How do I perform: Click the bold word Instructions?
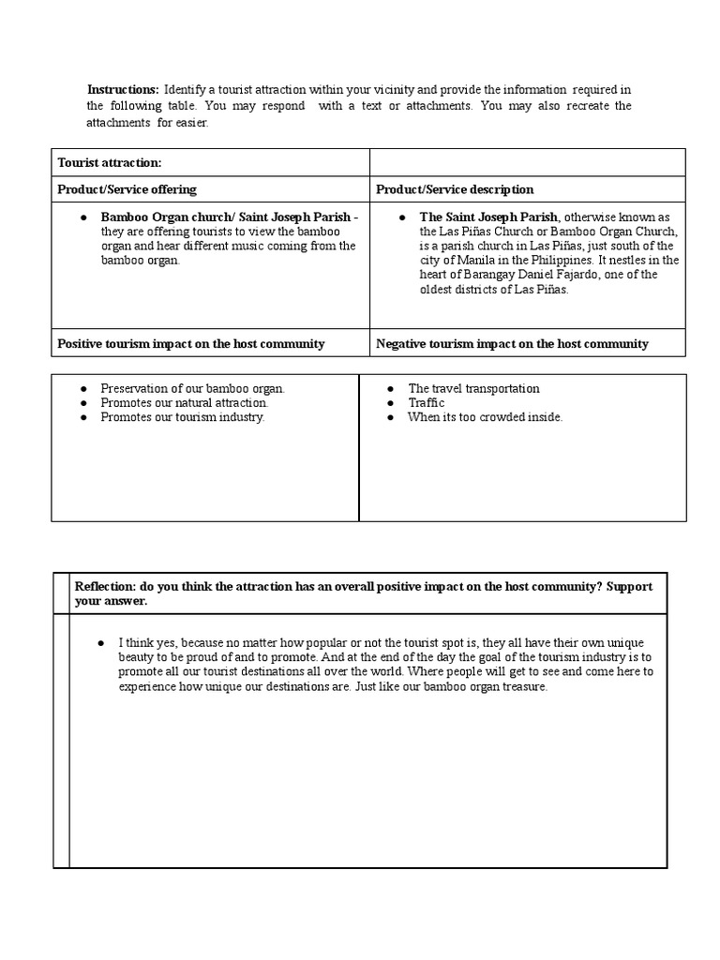click(x=123, y=89)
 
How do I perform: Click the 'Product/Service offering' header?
click(x=127, y=189)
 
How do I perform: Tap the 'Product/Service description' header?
click(x=455, y=189)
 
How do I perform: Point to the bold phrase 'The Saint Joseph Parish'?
click(x=488, y=217)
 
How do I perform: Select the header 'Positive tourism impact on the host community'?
click(x=190, y=344)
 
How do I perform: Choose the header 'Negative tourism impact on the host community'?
click(x=512, y=344)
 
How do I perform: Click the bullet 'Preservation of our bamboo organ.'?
click(x=192, y=388)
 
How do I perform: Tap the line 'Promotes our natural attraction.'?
click(x=184, y=403)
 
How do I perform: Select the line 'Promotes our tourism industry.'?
click(x=183, y=417)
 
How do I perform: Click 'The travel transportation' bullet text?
click(x=473, y=388)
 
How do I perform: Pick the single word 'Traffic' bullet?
click(x=426, y=403)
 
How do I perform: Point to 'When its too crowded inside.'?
click(x=485, y=417)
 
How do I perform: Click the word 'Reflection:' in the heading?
click(x=105, y=586)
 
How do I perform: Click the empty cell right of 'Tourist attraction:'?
click(x=527, y=162)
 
